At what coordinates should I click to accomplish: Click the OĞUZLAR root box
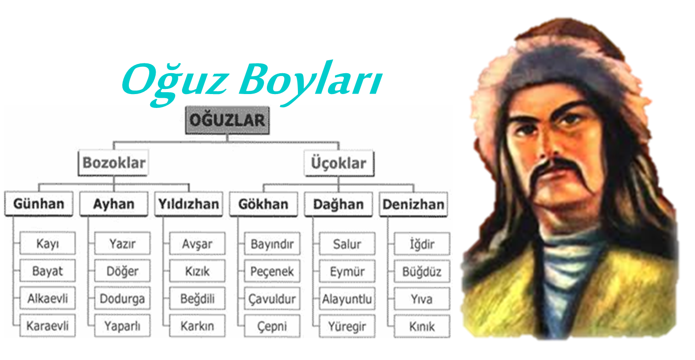click(x=227, y=120)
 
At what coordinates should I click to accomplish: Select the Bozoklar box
click(x=114, y=163)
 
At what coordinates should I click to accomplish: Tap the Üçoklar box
click(x=339, y=163)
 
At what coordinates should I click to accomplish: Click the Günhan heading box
click(x=39, y=204)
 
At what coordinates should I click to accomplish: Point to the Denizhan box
click(x=413, y=204)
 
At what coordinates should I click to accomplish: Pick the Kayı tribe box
click(x=47, y=244)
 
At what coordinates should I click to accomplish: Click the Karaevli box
click(x=47, y=326)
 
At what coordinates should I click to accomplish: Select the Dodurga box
click(x=122, y=298)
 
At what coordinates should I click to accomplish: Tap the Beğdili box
click(x=197, y=298)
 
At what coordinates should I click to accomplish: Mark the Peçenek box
click(x=272, y=272)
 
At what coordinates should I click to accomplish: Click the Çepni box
click(x=272, y=326)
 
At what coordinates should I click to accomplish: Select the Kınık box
click(x=422, y=327)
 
